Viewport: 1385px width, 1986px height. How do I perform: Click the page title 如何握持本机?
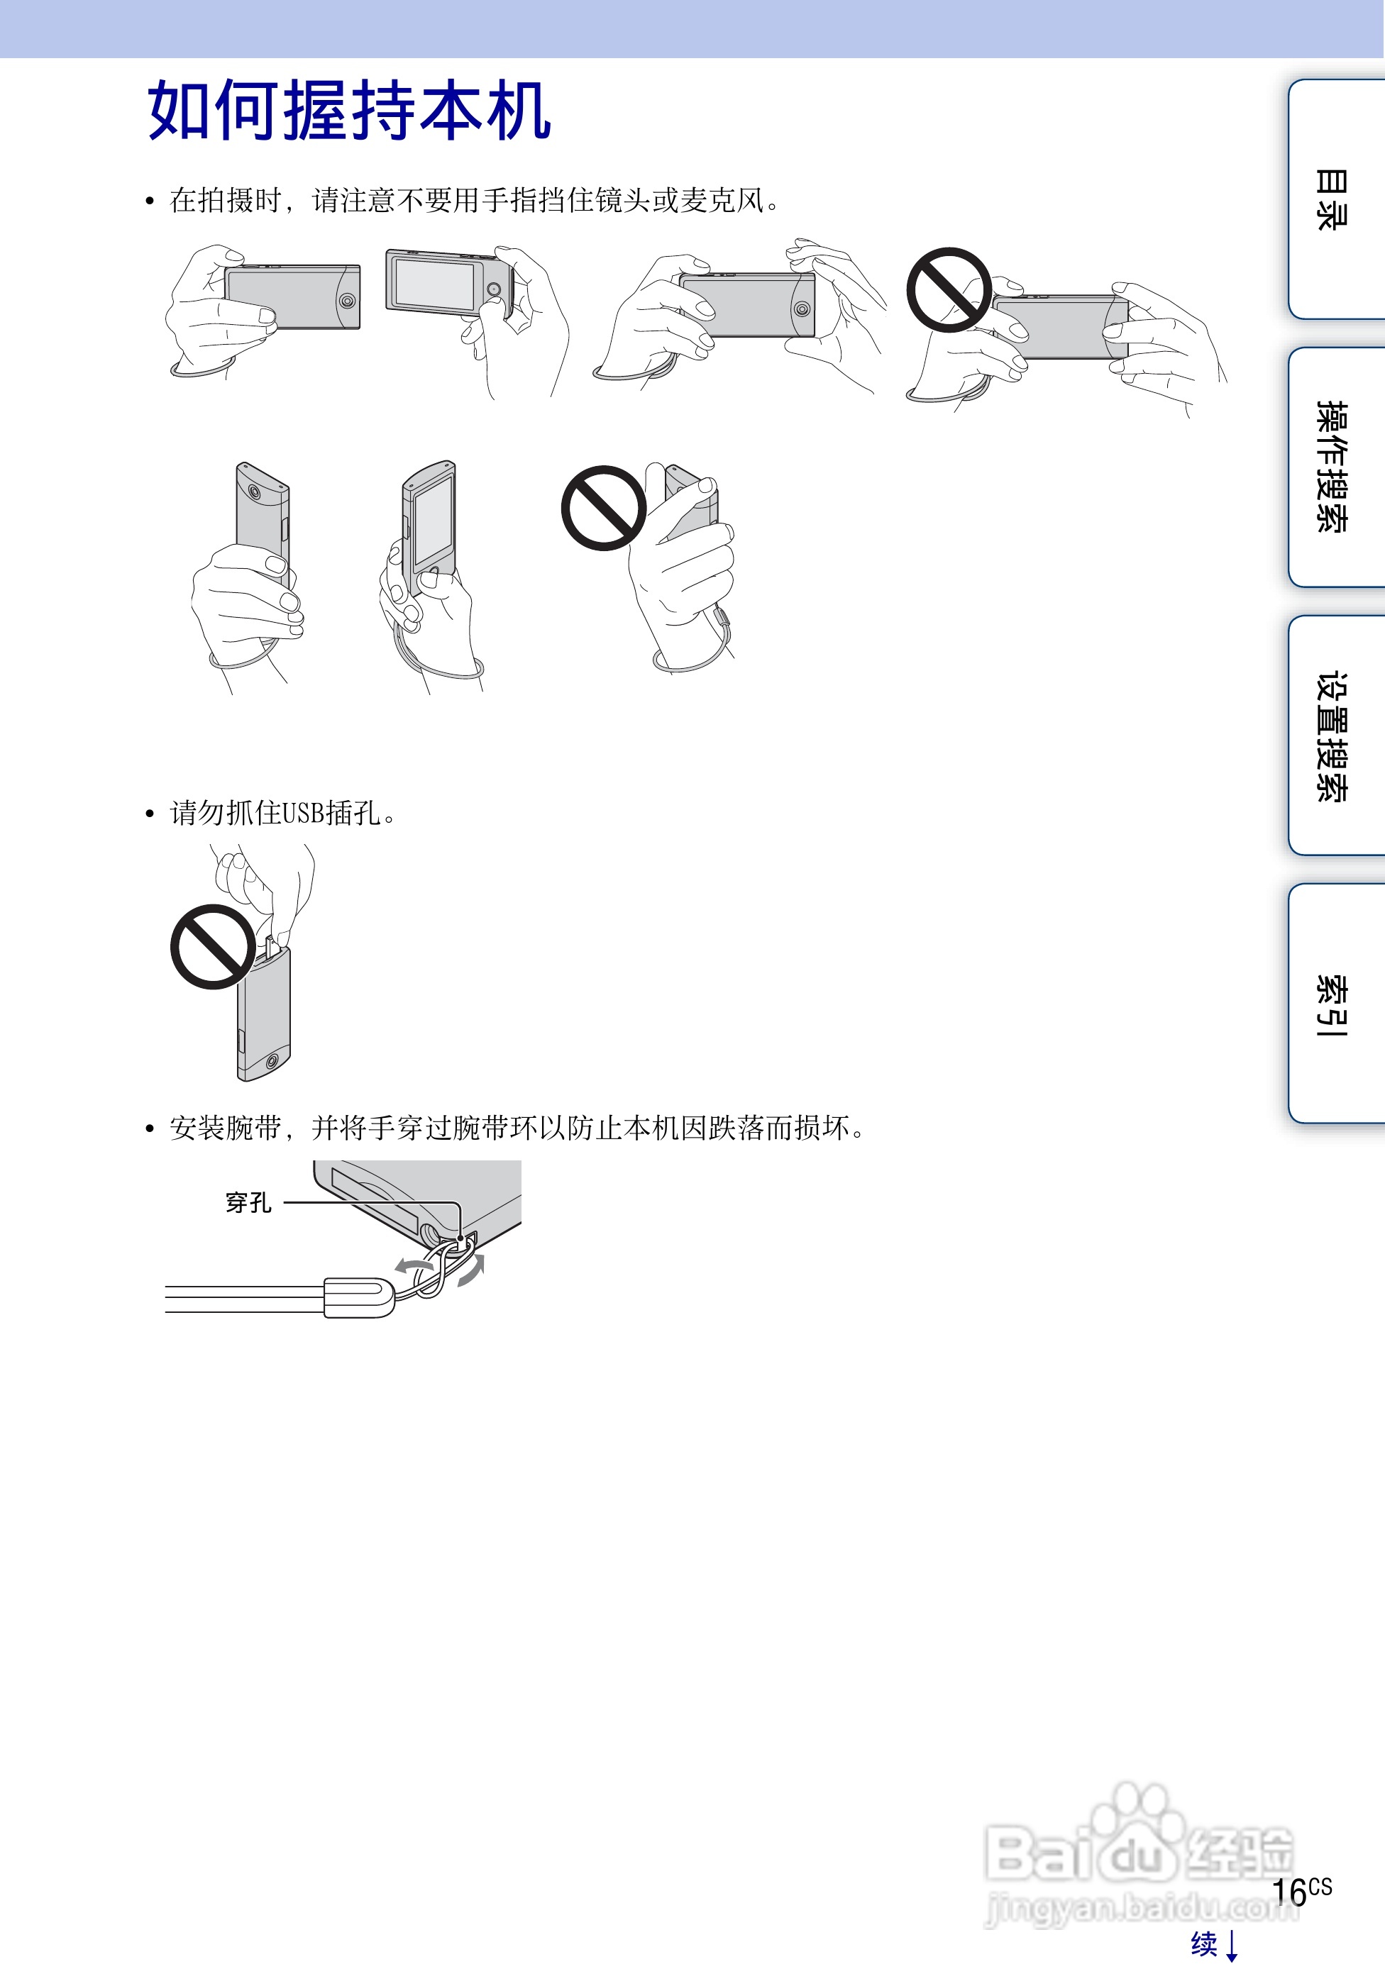(x=350, y=110)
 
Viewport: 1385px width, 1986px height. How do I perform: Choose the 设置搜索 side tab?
(x=1332, y=736)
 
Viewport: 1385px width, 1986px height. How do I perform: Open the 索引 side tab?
(x=1332, y=1004)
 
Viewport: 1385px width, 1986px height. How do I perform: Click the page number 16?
(x=1290, y=1892)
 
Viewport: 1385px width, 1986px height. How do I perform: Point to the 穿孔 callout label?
(x=248, y=1202)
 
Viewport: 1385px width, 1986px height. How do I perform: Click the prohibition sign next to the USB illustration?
(x=213, y=947)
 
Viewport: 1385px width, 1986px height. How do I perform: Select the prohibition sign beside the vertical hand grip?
(x=604, y=508)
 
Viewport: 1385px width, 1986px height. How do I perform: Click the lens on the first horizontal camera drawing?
(x=347, y=301)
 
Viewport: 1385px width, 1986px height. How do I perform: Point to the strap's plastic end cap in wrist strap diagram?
(x=358, y=1297)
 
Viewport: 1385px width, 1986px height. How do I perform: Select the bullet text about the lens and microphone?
(x=475, y=201)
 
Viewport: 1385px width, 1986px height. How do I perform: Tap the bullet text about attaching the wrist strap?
(x=517, y=1128)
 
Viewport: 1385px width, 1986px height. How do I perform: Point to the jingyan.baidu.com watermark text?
(x=1142, y=1907)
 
